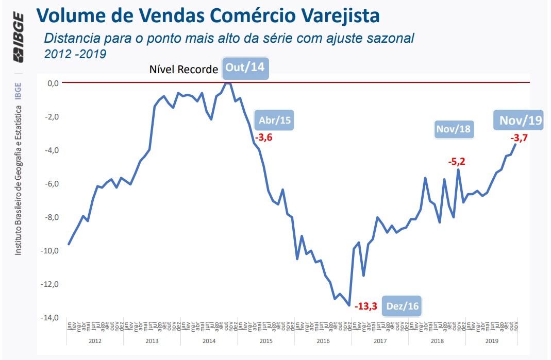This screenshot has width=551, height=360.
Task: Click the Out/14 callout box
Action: click(245, 68)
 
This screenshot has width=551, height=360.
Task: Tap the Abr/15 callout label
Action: click(275, 120)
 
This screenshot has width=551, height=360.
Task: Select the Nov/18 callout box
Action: click(453, 128)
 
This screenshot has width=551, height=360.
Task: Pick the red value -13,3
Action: click(366, 307)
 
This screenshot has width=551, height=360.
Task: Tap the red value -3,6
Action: click(263, 138)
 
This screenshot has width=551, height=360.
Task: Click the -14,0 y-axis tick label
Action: click(51, 318)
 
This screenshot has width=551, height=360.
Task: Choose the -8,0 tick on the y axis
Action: click(52, 217)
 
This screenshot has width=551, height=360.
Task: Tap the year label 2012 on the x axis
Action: click(95, 340)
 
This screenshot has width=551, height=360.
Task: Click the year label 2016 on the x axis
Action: click(323, 340)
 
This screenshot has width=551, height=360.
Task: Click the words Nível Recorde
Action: click(183, 70)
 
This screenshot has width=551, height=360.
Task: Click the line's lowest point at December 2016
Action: click(349, 305)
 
